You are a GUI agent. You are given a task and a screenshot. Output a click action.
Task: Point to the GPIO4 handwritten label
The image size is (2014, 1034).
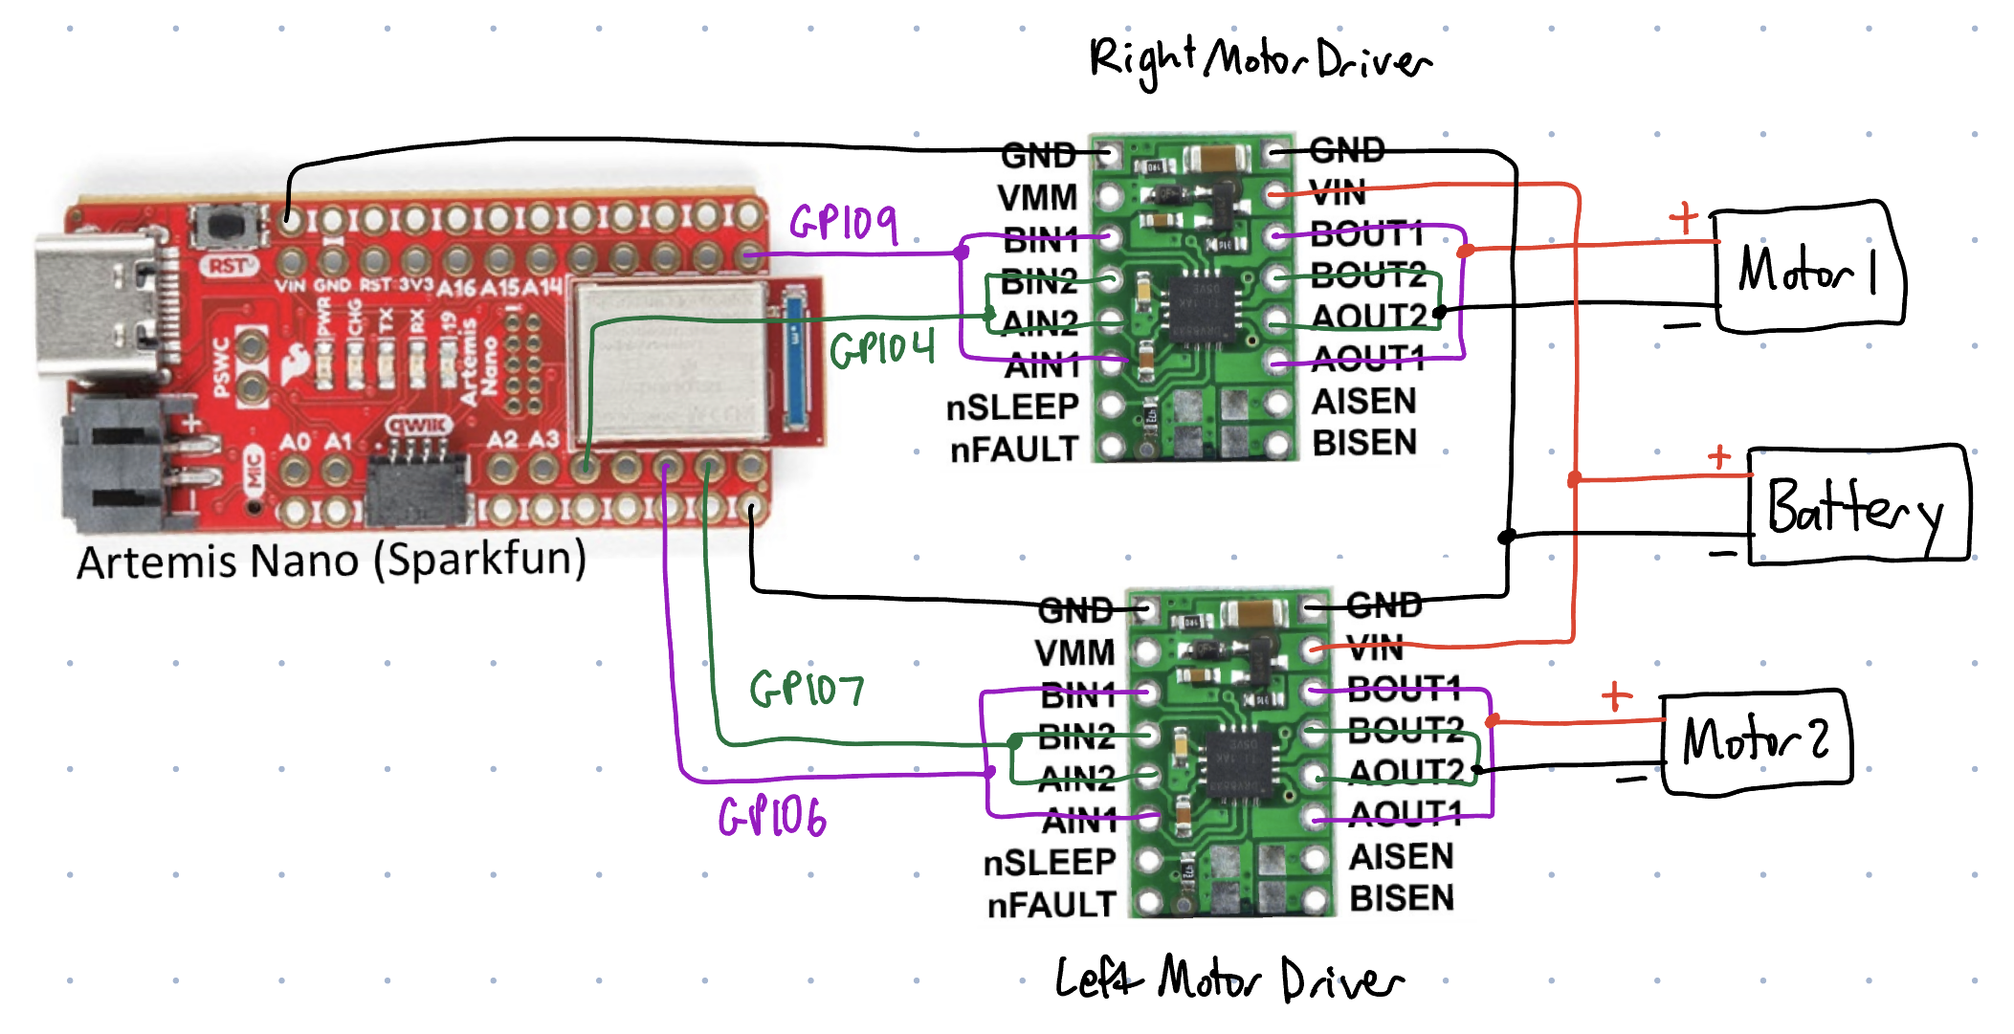(882, 348)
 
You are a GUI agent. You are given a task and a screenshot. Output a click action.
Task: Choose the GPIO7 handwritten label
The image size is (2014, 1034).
(807, 688)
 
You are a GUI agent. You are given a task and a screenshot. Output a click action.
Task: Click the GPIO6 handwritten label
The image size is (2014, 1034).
(772, 818)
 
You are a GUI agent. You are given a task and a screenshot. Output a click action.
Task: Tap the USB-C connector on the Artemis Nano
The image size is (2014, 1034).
(96, 306)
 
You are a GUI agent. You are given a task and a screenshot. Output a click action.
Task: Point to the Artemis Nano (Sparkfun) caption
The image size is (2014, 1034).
(331, 561)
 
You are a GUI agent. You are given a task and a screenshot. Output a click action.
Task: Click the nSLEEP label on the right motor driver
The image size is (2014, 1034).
(1012, 407)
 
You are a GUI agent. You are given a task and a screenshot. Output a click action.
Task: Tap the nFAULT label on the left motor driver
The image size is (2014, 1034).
(1051, 905)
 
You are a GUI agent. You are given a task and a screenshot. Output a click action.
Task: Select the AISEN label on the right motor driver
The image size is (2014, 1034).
(1363, 402)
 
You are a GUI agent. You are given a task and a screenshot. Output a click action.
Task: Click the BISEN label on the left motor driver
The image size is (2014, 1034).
(1402, 898)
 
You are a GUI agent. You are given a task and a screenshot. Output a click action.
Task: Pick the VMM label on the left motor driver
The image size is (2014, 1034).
(1074, 653)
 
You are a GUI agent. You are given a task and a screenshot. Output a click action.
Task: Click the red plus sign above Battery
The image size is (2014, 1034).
(1719, 457)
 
